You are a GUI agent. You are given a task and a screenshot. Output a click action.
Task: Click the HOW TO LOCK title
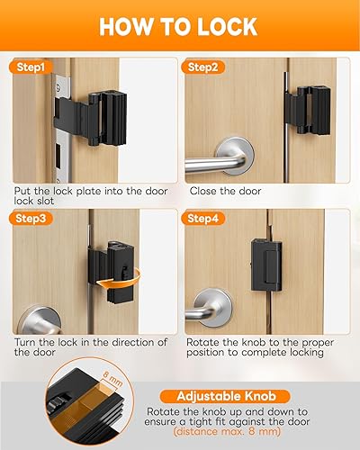180,26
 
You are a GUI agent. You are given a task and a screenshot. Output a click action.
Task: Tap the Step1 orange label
34,67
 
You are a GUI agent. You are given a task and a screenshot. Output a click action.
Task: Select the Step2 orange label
204,67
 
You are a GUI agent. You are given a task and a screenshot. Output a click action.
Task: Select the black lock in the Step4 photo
270,270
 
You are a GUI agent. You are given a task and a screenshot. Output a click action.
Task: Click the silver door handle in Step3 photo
45,317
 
